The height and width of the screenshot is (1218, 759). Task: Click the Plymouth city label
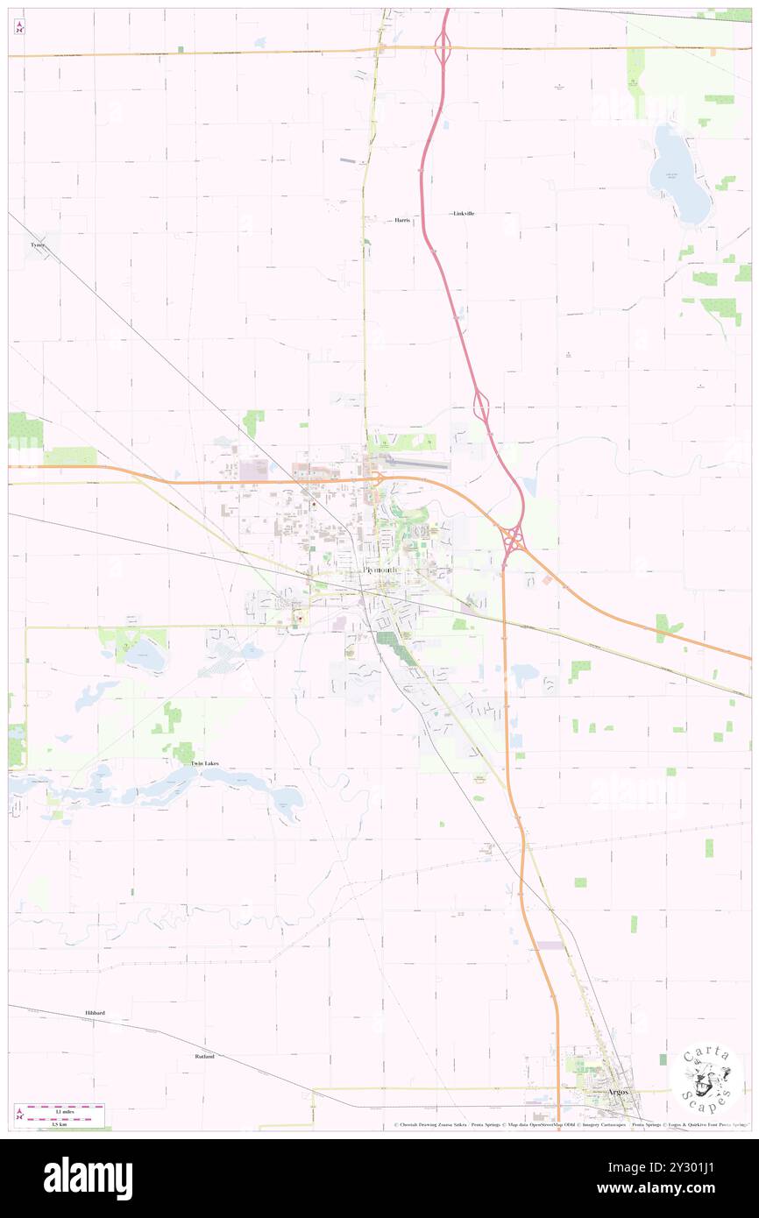pos(379,571)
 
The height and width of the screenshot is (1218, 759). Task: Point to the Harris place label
pos(402,220)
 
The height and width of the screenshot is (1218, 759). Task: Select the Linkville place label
pos(464,214)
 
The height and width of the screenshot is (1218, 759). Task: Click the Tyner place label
pos(37,245)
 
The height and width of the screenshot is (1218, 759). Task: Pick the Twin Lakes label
pos(204,764)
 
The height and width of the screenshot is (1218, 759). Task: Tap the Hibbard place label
pos(95,1013)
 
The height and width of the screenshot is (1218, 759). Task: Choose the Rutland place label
pos(204,1057)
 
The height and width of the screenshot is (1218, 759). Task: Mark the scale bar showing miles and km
pos(60,1110)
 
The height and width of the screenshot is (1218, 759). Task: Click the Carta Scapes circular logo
pos(706,1078)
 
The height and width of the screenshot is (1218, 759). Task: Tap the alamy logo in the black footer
pos(88,1179)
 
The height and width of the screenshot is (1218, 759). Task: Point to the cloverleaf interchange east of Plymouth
pos(513,536)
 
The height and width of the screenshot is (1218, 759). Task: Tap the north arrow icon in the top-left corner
pos(19,27)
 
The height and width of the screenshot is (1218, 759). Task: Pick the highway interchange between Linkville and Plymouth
pos(480,405)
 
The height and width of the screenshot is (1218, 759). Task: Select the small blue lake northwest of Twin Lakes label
pos(145,655)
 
